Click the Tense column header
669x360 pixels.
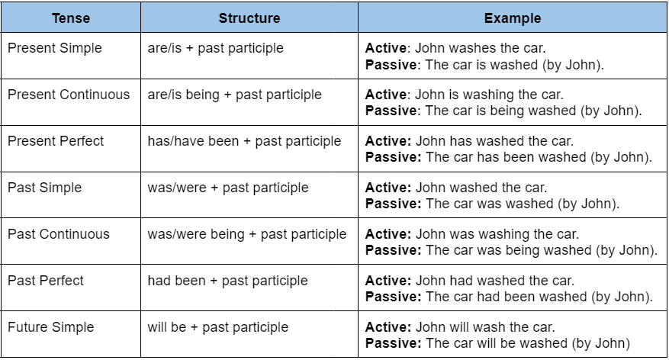pyautogui.click(x=71, y=18)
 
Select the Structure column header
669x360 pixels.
pyautogui.click(x=249, y=18)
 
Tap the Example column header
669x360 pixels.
pyautogui.click(x=513, y=18)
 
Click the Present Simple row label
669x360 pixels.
pyautogui.click(x=55, y=48)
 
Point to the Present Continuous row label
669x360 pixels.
pyautogui.click(x=69, y=95)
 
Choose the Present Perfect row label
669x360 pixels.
pyautogui.click(x=56, y=141)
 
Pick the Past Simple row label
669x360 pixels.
pyautogui.click(x=44, y=188)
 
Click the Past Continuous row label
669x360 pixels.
pyautogui.click(x=59, y=234)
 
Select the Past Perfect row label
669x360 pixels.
pyautogui.click(x=46, y=281)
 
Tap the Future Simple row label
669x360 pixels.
pyautogui.click(x=51, y=327)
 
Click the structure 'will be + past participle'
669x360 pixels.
pyautogui.click(x=218, y=327)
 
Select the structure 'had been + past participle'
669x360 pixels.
pyautogui.click(x=227, y=281)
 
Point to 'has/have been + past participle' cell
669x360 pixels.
pyautogui.click(x=244, y=141)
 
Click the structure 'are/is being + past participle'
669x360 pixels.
pyautogui.click(x=234, y=95)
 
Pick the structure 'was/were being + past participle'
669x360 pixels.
pyautogui.click(x=246, y=234)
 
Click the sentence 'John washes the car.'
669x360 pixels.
pyautogui.click(x=480, y=48)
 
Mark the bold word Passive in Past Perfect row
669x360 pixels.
pyautogui.click(x=391, y=297)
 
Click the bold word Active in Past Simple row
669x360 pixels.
pyautogui.click(x=387, y=188)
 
